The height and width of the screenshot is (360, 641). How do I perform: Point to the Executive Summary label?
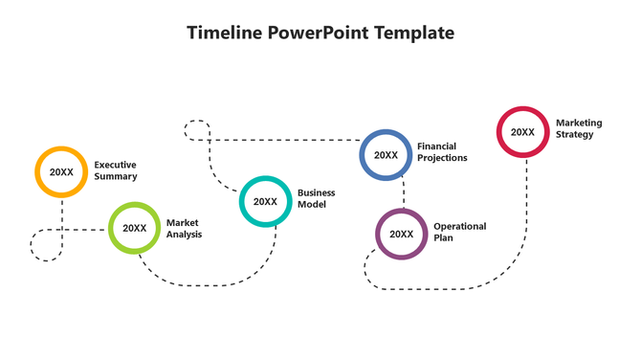point(115,170)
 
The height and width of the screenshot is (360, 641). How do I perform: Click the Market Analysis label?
point(184,228)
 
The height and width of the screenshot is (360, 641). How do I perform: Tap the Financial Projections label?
point(442,152)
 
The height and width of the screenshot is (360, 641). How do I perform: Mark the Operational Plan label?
point(459,232)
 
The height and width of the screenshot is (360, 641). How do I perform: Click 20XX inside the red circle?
point(522,132)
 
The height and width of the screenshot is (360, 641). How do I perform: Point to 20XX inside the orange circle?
point(61,172)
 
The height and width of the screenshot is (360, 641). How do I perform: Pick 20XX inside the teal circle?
point(265,202)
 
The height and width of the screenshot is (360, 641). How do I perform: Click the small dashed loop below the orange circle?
point(46,245)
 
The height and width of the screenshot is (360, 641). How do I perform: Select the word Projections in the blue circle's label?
point(442,158)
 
